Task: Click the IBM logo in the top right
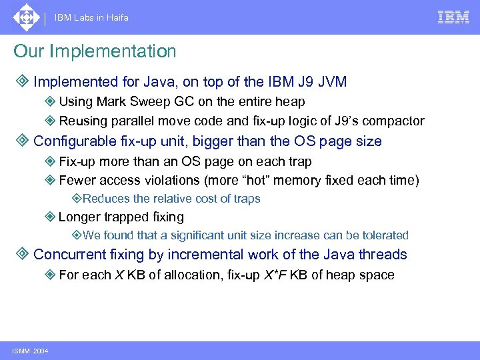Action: [x=453, y=17]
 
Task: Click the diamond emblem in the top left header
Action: [x=25, y=17]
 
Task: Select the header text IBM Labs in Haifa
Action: [x=91, y=18]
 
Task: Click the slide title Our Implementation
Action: [x=95, y=51]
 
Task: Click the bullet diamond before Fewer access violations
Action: [x=50, y=180]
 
